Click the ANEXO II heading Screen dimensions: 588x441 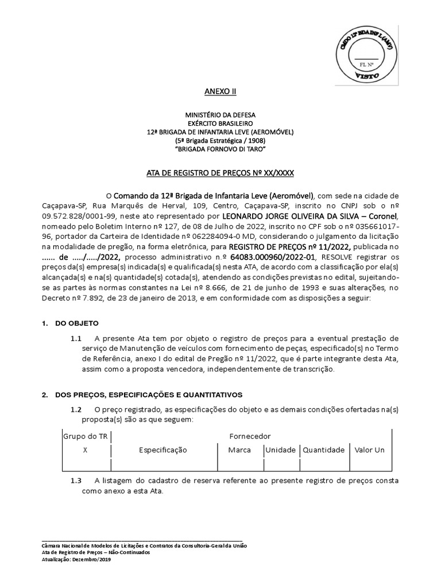(x=220, y=91)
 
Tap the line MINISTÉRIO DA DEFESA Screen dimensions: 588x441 (x=220, y=115)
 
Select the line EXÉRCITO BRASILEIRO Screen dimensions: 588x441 (x=220, y=123)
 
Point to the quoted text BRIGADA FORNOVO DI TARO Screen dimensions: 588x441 (x=220, y=149)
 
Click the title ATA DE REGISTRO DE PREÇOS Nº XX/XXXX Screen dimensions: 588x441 (x=220, y=173)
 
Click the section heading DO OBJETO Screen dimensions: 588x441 (x=77, y=323)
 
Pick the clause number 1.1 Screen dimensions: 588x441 (x=76, y=339)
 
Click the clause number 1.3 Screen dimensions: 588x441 (x=76, y=481)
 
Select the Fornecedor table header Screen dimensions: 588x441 (x=250, y=436)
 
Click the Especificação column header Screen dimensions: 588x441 (x=163, y=450)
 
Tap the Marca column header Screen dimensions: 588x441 (x=239, y=450)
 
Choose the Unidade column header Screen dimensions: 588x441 (x=280, y=450)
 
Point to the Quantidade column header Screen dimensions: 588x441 (x=324, y=450)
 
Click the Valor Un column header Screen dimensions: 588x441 (x=370, y=450)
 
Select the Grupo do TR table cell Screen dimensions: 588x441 (x=85, y=436)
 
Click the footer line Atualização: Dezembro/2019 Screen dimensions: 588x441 (x=77, y=559)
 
